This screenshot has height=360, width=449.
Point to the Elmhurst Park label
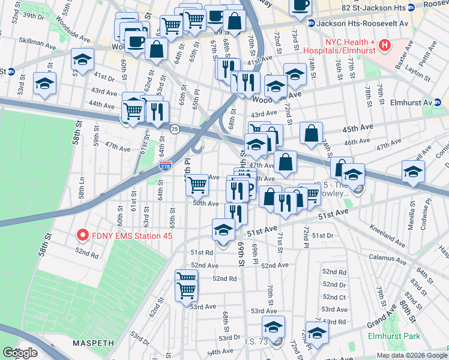[x=394, y=337]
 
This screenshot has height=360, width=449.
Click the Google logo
[x=20, y=353]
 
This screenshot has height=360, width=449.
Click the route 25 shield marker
[x=174, y=129]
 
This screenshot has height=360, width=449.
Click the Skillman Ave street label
[x=21, y=43]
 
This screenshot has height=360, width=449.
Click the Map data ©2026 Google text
[x=411, y=355]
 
